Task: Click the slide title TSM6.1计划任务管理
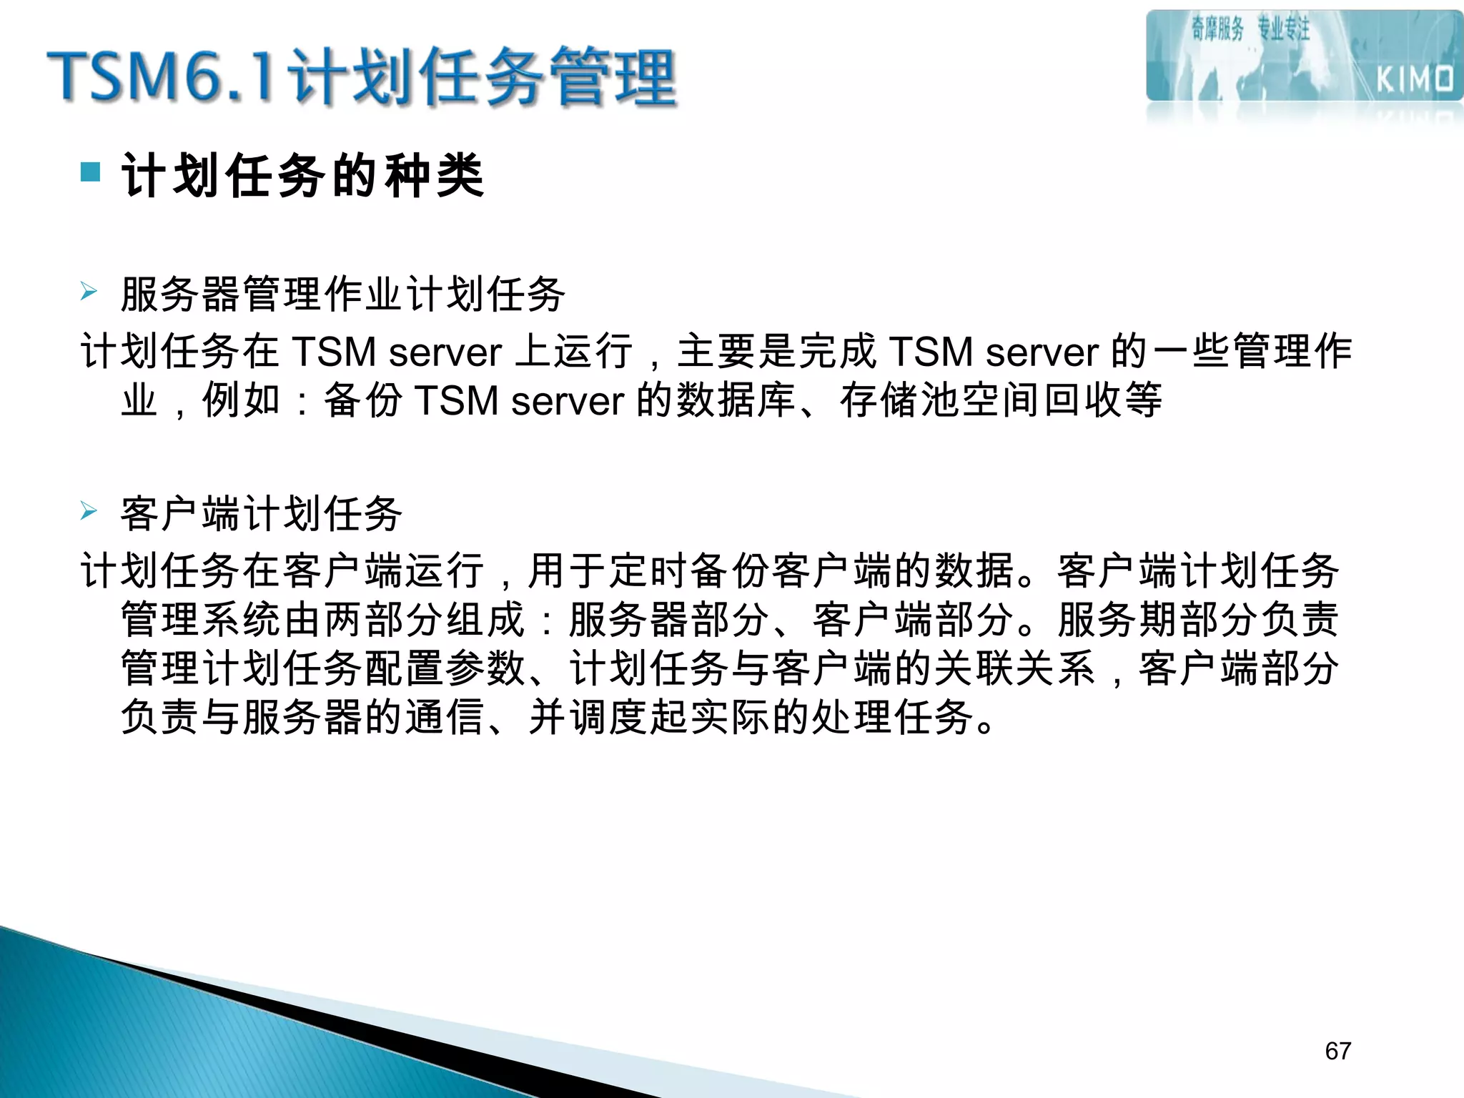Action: (361, 77)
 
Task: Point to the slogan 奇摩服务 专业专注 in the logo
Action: (1250, 29)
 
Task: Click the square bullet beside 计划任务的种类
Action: (91, 172)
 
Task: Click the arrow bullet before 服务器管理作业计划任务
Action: (89, 292)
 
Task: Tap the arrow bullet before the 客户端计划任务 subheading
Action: (89, 511)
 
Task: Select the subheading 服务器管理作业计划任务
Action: (343, 294)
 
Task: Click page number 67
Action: (1337, 1051)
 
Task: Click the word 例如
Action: (242, 400)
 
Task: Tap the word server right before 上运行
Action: (445, 352)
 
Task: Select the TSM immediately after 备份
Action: (457, 400)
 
